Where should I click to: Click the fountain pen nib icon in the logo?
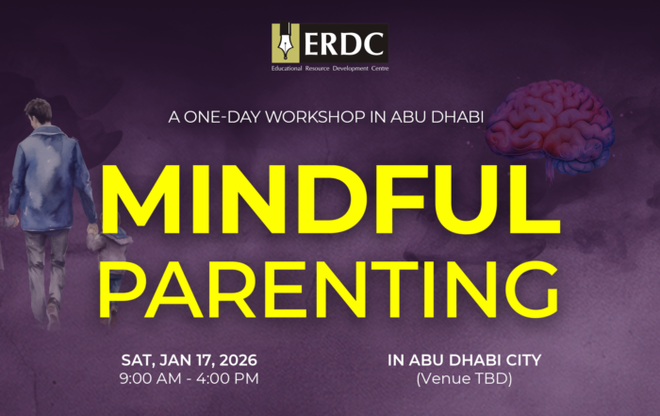(x=286, y=42)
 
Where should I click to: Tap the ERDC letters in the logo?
(x=343, y=43)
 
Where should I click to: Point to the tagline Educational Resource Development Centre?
(x=330, y=68)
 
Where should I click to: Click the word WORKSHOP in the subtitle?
(x=315, y=117)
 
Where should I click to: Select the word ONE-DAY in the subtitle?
(x=223, y=117)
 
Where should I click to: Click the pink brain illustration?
(x=550, y=126)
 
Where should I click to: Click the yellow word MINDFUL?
(x=330, y=199)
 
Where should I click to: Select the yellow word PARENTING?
(x=330, y=290)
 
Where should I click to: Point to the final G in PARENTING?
(x=532, y=290)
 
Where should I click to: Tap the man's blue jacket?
(x=50, y=179)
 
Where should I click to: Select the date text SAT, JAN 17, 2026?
(x=189, y=360)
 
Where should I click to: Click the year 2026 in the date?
(x=239, y=360)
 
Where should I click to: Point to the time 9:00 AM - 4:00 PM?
(x=189, y=378)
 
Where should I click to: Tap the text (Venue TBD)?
(x=464, y=379)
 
